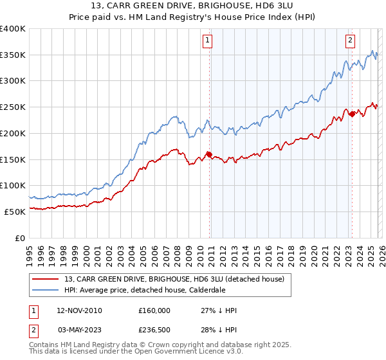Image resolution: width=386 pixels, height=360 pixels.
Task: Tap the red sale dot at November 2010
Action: point(209,154)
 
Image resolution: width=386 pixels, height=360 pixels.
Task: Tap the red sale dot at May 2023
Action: point(352,114)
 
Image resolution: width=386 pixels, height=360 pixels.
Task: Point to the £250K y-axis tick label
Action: point(13,107)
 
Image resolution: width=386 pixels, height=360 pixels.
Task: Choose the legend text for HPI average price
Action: point(145,290)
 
